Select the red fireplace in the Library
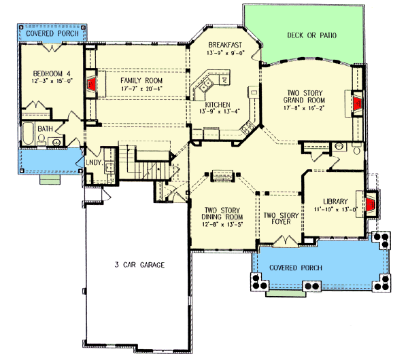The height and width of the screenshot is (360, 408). tap(369, 205)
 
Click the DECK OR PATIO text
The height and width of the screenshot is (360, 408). tap(311, 35)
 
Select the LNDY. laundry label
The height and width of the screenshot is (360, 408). tap(94, 162)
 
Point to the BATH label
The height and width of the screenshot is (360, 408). tap(45, 128)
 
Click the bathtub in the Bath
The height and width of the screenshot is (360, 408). tap(29, 134)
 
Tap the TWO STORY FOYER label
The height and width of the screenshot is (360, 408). tap(281, 219)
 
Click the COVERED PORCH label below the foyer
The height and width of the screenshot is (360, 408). tap(296, 268)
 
